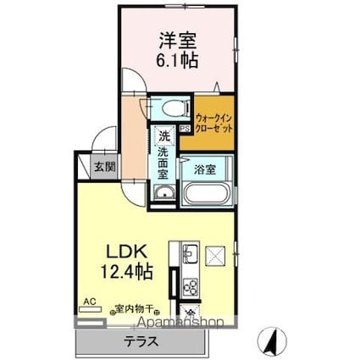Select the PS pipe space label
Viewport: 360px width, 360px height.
click(x=183, y=130)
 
